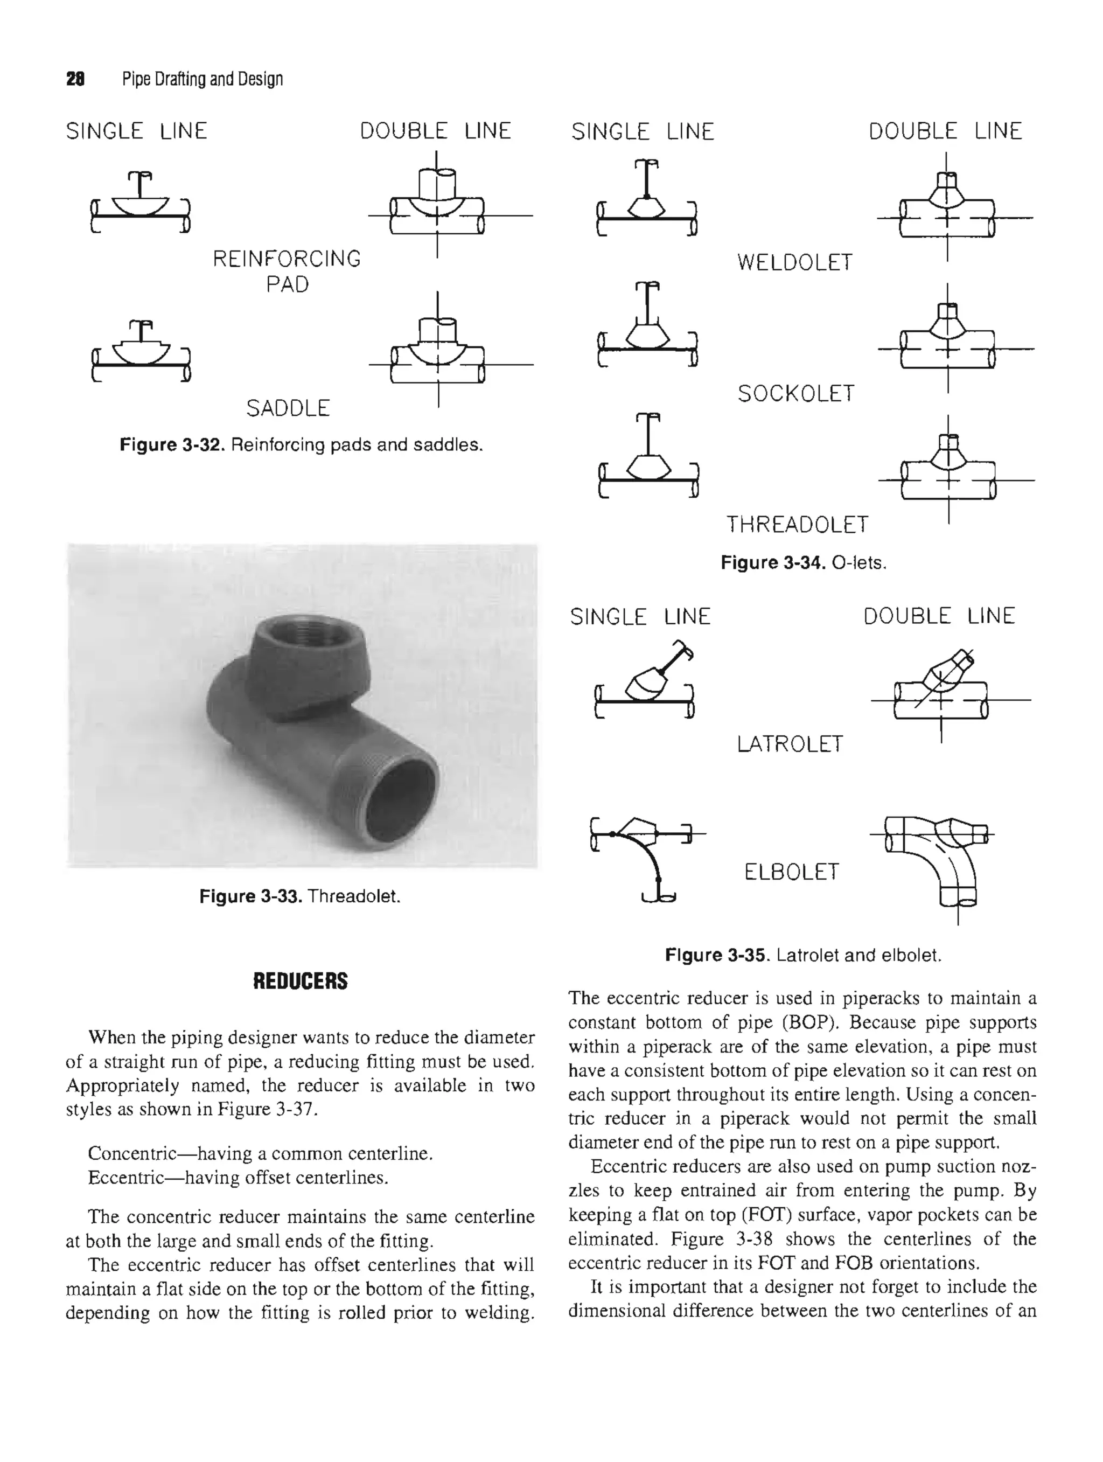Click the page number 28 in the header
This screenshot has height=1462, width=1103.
(x=75, y=79)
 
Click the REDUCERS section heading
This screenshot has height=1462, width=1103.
(x=300, y=981)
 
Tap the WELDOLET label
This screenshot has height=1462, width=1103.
(x=794, y=263)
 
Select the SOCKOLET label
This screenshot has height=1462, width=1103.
(x=795, y=394)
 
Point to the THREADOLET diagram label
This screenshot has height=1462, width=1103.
(x=797, y=525)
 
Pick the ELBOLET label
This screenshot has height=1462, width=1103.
(x=791, y=873)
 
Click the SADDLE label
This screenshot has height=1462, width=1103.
(x=288, y=408)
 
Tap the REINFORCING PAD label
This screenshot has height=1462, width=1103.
(x=287, y=271)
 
